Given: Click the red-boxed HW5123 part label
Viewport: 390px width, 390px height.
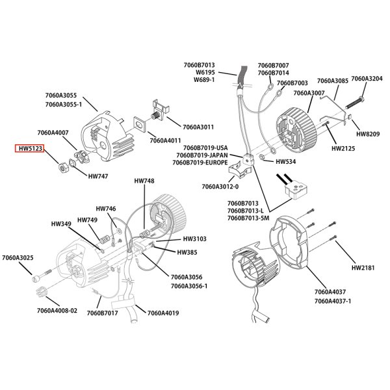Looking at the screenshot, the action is click(x=30, y=148).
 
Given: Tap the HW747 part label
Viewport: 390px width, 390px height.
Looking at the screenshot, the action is click(x=98, y=176).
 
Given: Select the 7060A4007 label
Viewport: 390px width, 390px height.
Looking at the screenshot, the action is click(x=53, y=133).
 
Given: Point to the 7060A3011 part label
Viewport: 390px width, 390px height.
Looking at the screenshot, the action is click(x=198, y=127).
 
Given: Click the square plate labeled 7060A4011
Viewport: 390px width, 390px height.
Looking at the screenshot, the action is click(x=141, y=123).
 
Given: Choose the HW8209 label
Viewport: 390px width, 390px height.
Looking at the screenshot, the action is click(x=368, y=134).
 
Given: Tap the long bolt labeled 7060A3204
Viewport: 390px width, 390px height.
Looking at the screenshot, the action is click(x=354, y=103).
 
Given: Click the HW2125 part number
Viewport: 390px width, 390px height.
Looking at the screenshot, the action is click(x=343, y=148).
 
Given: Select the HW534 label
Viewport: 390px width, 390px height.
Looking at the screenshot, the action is click(x=286, y=162).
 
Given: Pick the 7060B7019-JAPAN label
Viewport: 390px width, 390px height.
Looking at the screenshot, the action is click(x=202, y=155).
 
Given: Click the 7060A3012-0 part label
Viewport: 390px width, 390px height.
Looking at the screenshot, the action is click(x=220, y=187).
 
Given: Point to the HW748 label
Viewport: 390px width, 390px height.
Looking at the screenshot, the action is click(x=144, y=181).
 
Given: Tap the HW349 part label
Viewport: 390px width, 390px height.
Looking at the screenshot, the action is click(x=61, y=224).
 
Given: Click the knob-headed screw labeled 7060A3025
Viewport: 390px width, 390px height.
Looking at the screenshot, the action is click(x=42, y=275).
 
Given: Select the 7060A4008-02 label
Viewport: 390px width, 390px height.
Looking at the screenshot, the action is click(x=57, y=311).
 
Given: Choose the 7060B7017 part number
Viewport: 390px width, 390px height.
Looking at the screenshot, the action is click(x=102, y=313).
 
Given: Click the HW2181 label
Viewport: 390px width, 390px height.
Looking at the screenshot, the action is click(x=363, y=268).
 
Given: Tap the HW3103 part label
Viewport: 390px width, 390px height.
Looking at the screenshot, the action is click(x=195, y=239).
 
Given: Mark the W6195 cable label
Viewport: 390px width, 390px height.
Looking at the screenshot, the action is click(x=205, y=72).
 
